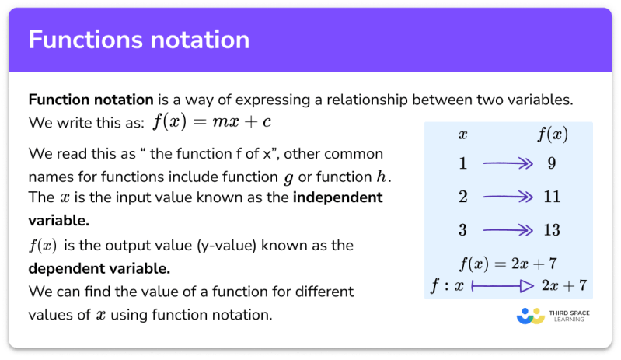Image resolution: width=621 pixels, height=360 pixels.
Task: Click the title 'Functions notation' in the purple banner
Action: click(139, 40)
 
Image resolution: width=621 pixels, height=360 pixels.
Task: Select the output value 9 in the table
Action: click(550, 164)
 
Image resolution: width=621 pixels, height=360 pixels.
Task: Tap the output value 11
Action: click(550, 197)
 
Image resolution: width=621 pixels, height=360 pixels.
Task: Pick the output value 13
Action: click(550, 229)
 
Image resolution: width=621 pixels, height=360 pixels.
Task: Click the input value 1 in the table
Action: click(463, 164)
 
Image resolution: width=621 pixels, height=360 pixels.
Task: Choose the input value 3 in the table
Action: click(463, 229)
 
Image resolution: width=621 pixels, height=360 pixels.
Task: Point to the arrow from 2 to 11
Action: click(506, 197)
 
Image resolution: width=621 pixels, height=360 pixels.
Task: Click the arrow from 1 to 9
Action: click(506, 164)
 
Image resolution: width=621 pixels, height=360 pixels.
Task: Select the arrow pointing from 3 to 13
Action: click(506, 229)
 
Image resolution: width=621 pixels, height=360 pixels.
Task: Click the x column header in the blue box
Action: click(463, 135)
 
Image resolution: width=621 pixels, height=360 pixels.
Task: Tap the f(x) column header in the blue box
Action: click(551, 135)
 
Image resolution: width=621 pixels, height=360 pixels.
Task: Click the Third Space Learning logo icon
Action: click(531, 316)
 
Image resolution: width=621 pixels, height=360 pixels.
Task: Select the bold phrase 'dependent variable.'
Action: click(99, 269)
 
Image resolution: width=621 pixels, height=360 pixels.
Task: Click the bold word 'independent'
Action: click(337, 197)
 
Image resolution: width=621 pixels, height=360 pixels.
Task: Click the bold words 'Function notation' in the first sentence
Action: click(90, 100)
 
